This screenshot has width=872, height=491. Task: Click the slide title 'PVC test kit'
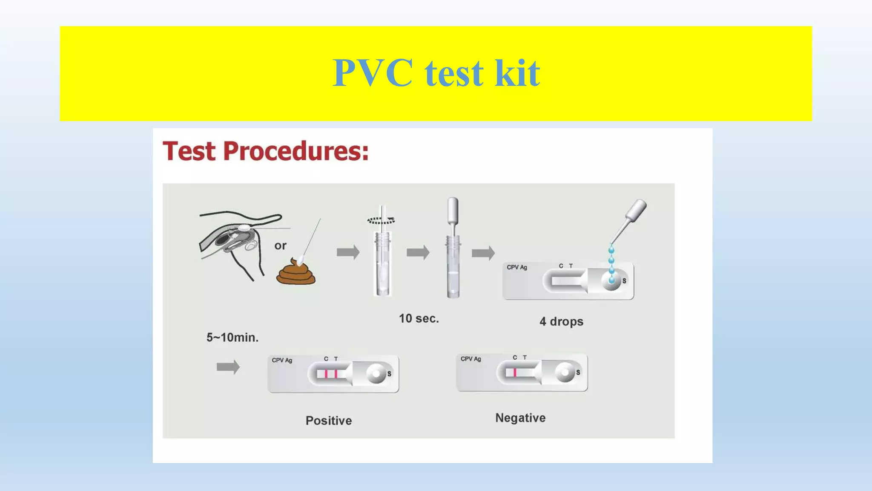(436, 73)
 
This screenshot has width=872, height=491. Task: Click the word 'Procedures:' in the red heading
(295, 151)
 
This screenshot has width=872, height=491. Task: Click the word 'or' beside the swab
(280, 245)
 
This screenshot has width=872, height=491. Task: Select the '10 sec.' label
(419, 318)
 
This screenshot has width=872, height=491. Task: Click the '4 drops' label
(561, 321)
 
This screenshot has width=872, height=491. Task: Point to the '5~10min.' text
(232, 338)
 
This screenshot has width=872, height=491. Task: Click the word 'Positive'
(329, 421)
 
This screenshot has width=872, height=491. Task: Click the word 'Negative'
(520, 418)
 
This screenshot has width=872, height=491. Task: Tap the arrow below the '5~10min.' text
(228, 367)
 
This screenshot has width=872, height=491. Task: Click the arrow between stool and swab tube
(348, 252)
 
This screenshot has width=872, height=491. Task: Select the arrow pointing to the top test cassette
(483, 253)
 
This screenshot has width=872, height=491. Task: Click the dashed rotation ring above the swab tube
(381, 220)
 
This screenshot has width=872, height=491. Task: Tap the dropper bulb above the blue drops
(636, 211)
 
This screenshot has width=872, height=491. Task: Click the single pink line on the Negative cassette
(515, 373)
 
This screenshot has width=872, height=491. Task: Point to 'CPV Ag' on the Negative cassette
(470, 359)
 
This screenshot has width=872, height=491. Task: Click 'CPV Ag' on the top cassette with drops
(516, 267)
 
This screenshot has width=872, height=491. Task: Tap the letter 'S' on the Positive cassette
(389, 373)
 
